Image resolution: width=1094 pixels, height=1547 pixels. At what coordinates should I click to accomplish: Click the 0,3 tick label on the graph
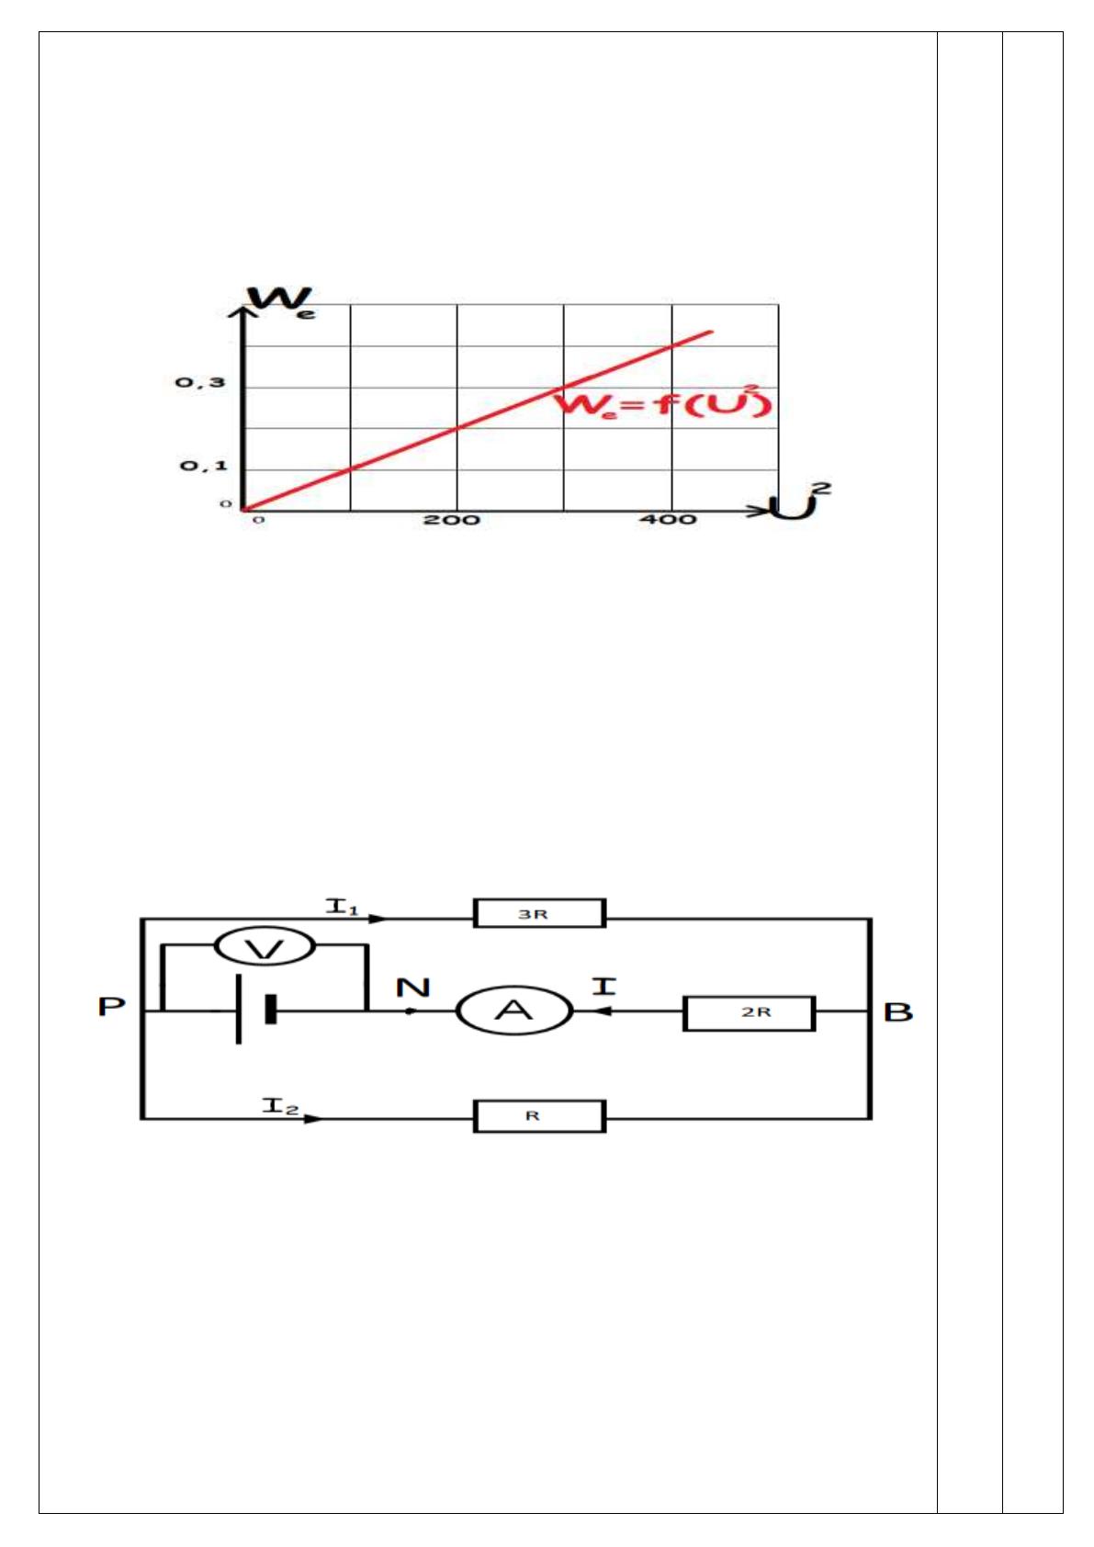pyautogui.click(x=200, y=382)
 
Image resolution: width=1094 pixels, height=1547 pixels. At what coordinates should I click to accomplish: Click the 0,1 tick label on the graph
pyautogui.click(x=203, y=466)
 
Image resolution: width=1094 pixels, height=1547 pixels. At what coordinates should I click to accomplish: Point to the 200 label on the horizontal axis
pyautogui.click(x=452, y=519)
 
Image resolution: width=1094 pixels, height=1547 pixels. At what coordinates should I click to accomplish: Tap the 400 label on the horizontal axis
pyautogui.click(x=668, y=519)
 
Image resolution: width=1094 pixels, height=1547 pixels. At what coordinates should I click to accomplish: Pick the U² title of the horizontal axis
pyautogui.click(x=800, y=501)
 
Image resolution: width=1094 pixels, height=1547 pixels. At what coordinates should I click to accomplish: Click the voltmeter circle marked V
pyautogui.click(x=265, y=947)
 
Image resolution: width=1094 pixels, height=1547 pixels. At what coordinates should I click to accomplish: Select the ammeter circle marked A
pyautogui.click(x=514, y=1011)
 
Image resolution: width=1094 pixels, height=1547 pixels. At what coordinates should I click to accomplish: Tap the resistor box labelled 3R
pyautogui.click(x=539, y=913)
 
